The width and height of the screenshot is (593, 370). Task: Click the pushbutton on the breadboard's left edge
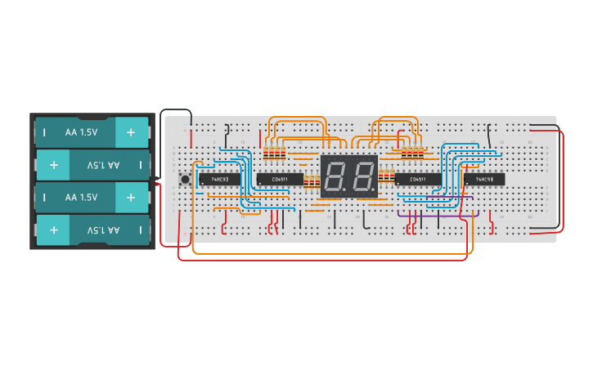point(186,179)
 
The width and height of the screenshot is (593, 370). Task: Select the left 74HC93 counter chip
point(219,179)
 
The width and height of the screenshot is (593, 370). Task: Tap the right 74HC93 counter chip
point(483,179)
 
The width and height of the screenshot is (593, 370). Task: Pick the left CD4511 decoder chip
point(280,179)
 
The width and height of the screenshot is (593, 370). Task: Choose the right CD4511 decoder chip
point(417,179)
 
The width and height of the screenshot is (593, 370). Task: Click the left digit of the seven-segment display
point(335,176)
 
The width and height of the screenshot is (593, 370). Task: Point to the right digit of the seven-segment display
point(362,176)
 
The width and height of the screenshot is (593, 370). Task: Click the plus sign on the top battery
point(131,132)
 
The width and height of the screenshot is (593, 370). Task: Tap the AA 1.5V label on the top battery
point(81,132)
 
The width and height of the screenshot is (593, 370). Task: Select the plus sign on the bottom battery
point(54,230)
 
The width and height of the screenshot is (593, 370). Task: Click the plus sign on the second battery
point(54,165)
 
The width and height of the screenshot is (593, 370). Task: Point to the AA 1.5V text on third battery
point(81,197)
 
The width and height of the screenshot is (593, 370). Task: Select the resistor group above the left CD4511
point(274,153)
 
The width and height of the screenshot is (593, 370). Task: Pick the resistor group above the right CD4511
point(413,150)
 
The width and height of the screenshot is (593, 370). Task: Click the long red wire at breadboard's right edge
point(562,180)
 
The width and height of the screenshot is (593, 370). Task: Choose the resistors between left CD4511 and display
point(312,181)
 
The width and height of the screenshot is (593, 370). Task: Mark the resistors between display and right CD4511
point(386,174)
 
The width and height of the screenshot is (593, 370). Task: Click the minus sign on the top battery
point(45,132)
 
